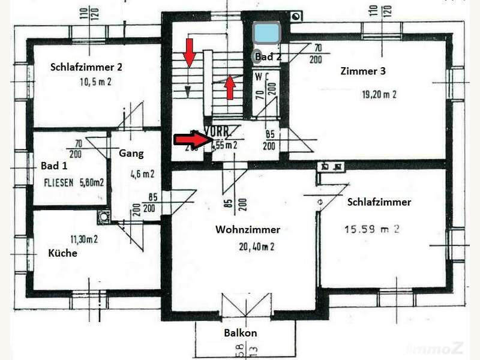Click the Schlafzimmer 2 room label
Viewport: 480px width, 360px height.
[90, 68]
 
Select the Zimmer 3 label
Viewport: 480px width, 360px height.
[363, 71]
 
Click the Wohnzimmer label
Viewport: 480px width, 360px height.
[248, 229]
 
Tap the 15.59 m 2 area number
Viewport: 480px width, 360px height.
[372, 228]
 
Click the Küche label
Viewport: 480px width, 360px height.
[62, 253]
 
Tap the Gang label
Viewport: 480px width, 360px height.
[131, 153]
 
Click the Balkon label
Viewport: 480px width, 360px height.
[241, 333]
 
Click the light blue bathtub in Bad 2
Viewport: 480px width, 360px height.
[266, 33]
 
